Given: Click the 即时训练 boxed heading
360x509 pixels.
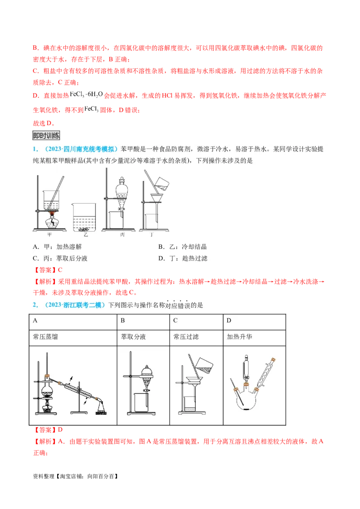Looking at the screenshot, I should pos(46,135).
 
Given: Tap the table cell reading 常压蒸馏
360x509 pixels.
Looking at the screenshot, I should pos(45,336).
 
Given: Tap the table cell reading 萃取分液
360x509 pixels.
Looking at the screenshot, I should pos(134,336).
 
